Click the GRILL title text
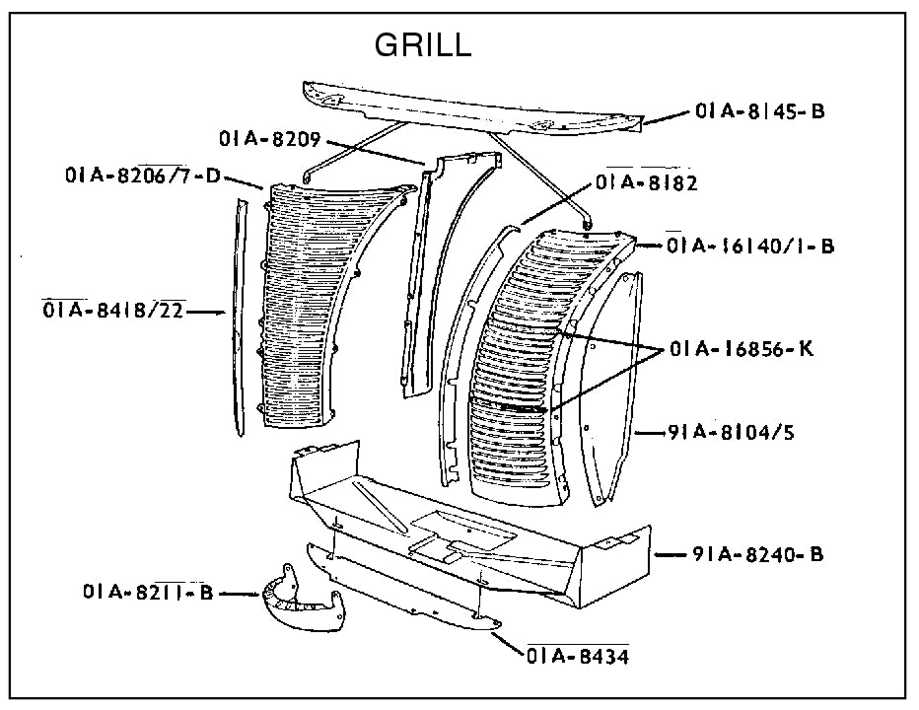(x=423, y=45)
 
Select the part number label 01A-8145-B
(x=759, y=111)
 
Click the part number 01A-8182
(x=647, y=182)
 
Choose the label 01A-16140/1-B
(x=750, y=247)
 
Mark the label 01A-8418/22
(x=113, y=312)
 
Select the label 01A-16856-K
(x=741, y=349)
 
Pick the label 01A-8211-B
(x=148, y=593)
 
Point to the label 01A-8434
(x=578, y=656)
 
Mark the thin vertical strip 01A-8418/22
(x=238, y=316)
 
